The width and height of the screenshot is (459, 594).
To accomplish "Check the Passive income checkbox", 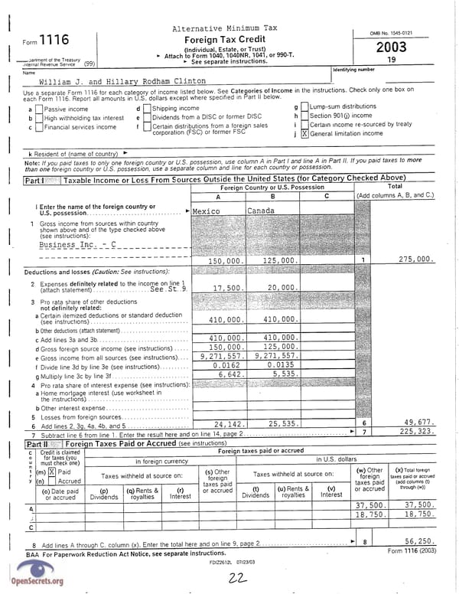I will point(38,109).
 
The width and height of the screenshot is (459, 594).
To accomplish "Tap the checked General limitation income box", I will point(304,133).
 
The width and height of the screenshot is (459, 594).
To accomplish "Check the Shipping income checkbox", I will point(147,109).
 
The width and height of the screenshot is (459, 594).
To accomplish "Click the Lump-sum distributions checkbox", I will point(304,107).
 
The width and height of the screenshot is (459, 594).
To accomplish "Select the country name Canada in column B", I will point(261,211).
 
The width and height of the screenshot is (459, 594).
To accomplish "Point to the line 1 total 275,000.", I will point(416,259).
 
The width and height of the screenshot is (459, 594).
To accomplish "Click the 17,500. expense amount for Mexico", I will point(227,288).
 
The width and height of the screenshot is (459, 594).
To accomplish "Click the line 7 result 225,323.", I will point(416,432).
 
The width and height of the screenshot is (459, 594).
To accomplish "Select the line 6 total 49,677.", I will point(419,423).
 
